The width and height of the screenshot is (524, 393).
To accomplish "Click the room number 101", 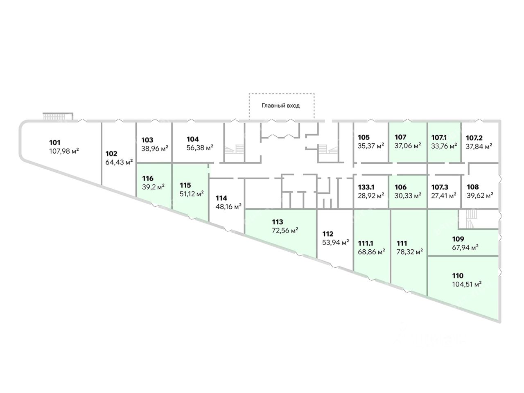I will (55, 143).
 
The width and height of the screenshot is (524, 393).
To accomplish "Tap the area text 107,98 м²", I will (63, 151).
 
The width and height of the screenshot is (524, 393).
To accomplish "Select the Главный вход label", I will (281, 106).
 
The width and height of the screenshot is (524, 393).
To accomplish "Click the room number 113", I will (278, 222).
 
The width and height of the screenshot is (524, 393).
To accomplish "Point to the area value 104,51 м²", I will (466, 284).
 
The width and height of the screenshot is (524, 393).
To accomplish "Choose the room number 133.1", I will (366, 187).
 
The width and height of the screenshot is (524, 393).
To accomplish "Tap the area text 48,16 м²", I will (228, 206).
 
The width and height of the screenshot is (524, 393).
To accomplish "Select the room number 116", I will (148, 178).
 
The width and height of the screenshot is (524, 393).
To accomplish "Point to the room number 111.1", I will (366, 243).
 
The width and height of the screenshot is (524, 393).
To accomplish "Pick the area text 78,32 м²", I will (410, 252).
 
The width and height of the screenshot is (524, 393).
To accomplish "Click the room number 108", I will (473, 187).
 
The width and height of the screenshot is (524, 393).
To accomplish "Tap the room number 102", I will (111, 154).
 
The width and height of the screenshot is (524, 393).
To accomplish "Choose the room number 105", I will (364, 138).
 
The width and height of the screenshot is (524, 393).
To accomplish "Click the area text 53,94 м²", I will (336, 242).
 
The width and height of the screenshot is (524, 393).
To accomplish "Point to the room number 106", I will (401, 187).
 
